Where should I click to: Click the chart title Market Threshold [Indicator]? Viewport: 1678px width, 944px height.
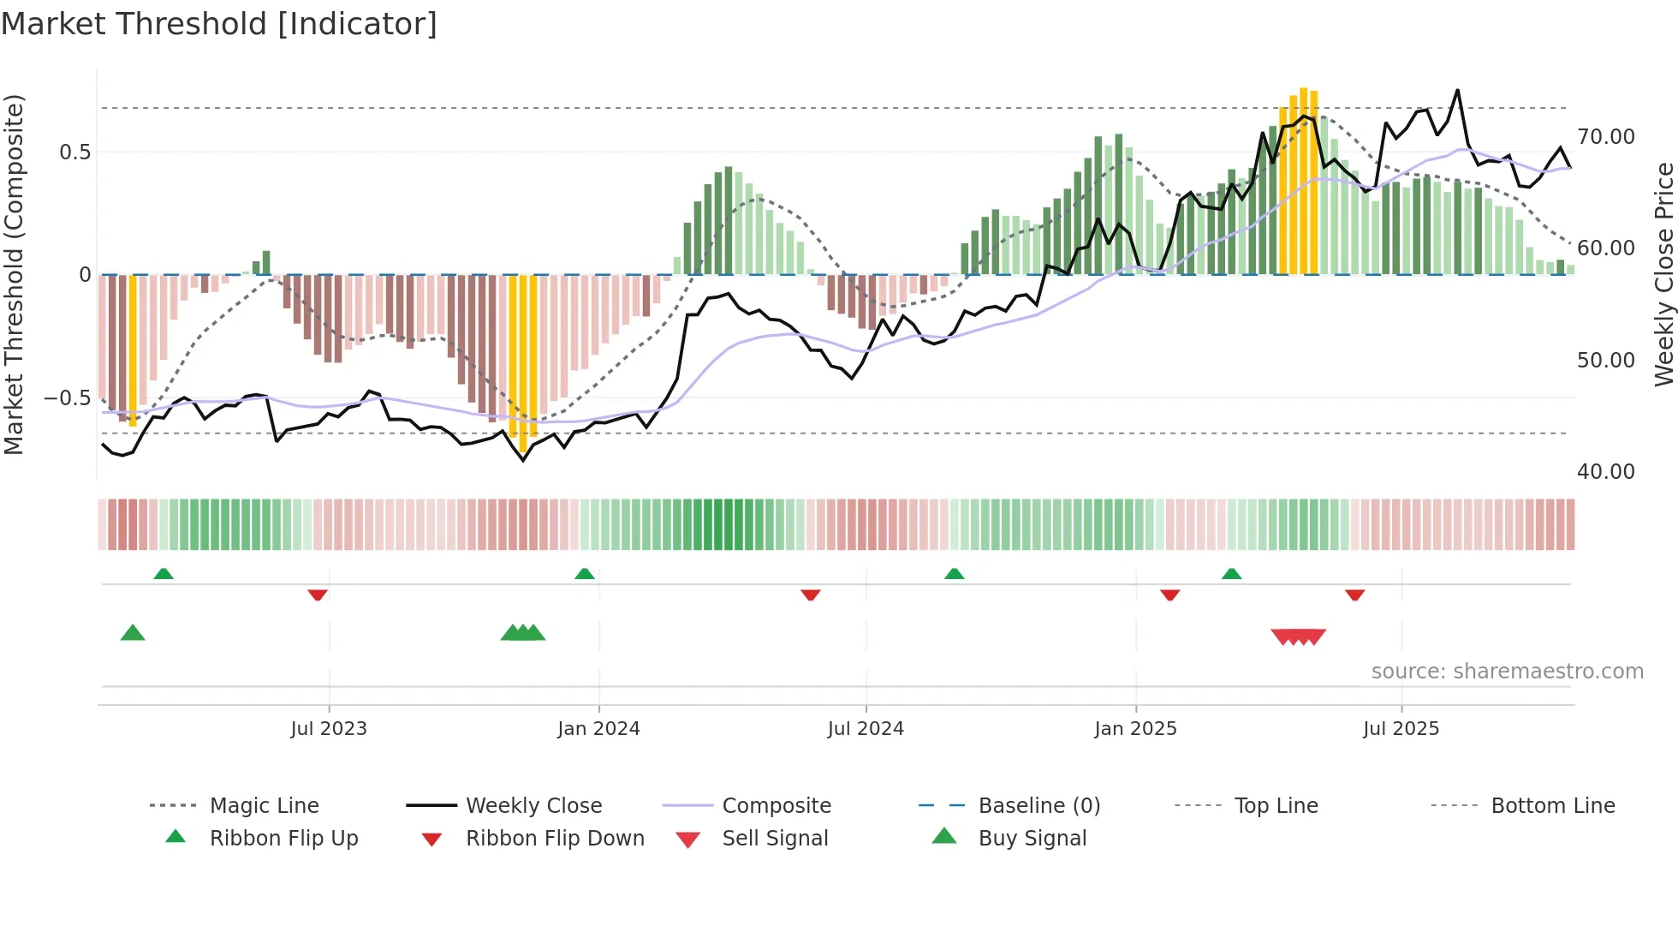click(x=219, y=24)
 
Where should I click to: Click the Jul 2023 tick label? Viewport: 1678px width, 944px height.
click(x=329, y=729)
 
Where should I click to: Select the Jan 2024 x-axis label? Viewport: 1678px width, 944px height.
click(x=598, y=729)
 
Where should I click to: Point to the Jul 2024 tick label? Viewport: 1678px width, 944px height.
click(x=866, y=729)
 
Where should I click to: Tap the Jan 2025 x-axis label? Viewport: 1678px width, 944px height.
click(x=1135, y=729)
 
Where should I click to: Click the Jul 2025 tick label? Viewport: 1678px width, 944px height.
click(x=1401, y=729)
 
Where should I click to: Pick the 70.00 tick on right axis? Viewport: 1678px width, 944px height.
click(x=1605, y=137)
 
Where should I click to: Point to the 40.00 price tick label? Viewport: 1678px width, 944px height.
click(x=1605, y=472)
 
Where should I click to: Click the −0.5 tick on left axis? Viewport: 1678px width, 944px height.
click(x=67, y=398)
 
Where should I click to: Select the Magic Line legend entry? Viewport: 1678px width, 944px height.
click(x=264, y=806)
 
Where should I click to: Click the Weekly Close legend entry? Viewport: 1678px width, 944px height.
click(x=533, y=806)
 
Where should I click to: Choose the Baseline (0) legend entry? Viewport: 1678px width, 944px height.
click(x=1038, y=806)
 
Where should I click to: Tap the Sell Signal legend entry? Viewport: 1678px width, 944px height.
click(x=775, y=839)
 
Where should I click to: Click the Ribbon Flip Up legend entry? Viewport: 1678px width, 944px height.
click(x=283, y=839)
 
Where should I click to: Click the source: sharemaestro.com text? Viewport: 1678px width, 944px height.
click(x=1507, y=672)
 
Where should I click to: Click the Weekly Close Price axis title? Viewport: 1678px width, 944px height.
click(x=1663, y=274)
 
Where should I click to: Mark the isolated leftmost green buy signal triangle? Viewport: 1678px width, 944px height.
click(x=133, y=633)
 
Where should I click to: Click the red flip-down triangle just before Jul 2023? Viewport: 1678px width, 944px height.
click(x=318, y=594)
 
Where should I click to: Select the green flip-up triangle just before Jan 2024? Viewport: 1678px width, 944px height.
click(x=585, y=573)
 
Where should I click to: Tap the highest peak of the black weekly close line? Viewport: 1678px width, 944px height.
click(x=1457, y=90)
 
